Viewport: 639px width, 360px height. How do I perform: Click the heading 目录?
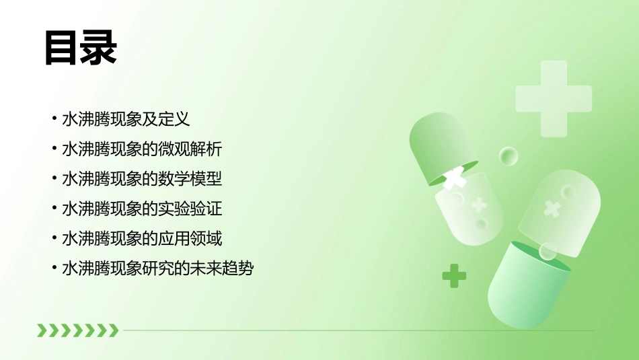pos(81,48)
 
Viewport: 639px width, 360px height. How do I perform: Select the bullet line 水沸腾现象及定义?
pos(126,120)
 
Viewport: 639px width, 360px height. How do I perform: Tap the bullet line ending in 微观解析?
pos(141,149)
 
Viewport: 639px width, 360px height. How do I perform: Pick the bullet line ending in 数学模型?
pos(141,179)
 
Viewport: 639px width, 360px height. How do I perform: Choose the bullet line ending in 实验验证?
pos(141,209)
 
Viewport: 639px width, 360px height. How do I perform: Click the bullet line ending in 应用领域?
pos(141,238)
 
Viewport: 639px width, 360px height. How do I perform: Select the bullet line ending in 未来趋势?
pos(157,268)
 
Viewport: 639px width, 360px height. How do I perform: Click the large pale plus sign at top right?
pos(553,98)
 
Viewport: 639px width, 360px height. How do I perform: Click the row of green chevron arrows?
pos(77,330)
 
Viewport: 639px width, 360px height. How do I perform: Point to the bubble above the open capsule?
pos(509,157)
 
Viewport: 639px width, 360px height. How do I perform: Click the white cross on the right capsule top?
pos(552,209)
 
